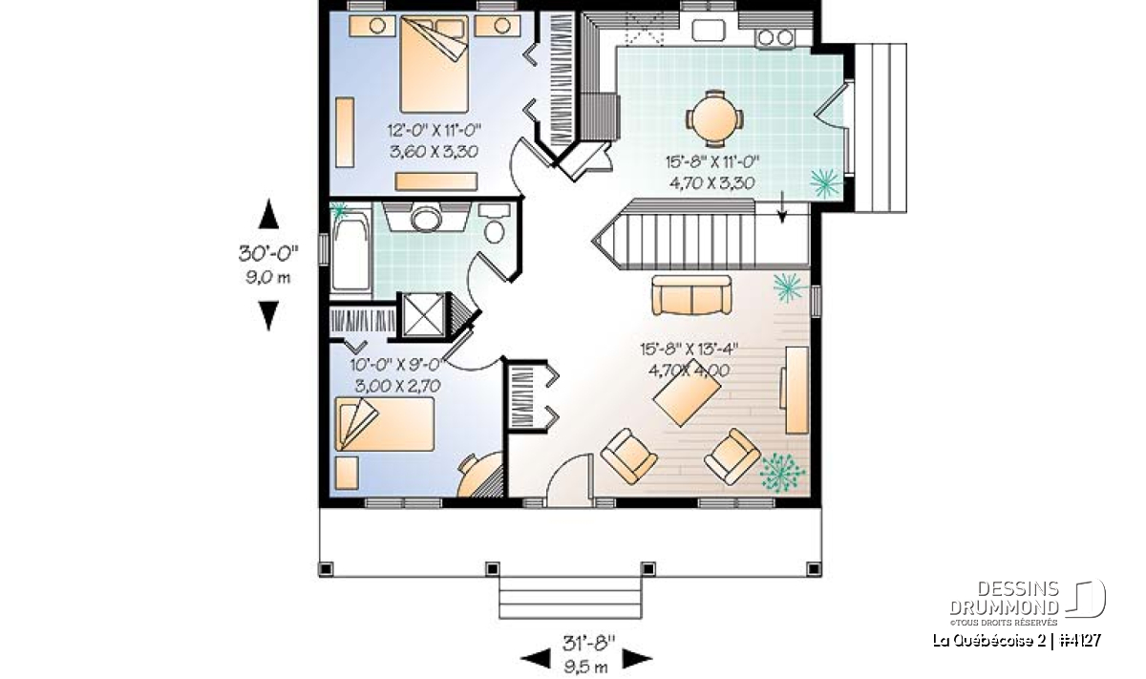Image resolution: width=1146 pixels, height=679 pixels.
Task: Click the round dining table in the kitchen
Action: pos(714,119)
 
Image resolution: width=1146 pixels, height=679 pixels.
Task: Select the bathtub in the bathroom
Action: pos(351,252)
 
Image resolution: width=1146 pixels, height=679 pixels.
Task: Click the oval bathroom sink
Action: pos(426,220)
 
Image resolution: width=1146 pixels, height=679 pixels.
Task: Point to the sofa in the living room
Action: pos(691,295)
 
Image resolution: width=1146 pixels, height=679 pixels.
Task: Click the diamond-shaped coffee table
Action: pos(687,393)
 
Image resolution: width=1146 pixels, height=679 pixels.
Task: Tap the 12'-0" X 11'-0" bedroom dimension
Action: pos(435,131)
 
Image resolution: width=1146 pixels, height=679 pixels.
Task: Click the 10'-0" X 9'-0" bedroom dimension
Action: pos(395,365)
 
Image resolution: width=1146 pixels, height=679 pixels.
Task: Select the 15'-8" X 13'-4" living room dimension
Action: pos(689,349)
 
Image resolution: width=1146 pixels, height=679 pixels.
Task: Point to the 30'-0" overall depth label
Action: pos(268,253)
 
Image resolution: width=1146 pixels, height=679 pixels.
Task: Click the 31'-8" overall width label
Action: pos(588,643)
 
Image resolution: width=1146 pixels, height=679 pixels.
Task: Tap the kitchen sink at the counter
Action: pos(709,30)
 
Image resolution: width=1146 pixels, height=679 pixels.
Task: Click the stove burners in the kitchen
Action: pos(775,37)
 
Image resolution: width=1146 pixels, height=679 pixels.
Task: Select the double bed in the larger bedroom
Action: pos(434,64)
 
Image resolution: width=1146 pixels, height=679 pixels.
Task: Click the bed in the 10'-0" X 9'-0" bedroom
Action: pos(385,425)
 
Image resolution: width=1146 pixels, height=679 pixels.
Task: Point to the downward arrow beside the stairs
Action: pos(782,207)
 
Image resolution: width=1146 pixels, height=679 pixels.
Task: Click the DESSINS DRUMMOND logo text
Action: pos(1004,598)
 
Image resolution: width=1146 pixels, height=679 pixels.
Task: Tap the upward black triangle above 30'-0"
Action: pos(268,214)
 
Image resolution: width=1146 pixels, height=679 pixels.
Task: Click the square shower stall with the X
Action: pos(423,315)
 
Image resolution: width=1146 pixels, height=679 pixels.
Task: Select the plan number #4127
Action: pos(1080,641)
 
